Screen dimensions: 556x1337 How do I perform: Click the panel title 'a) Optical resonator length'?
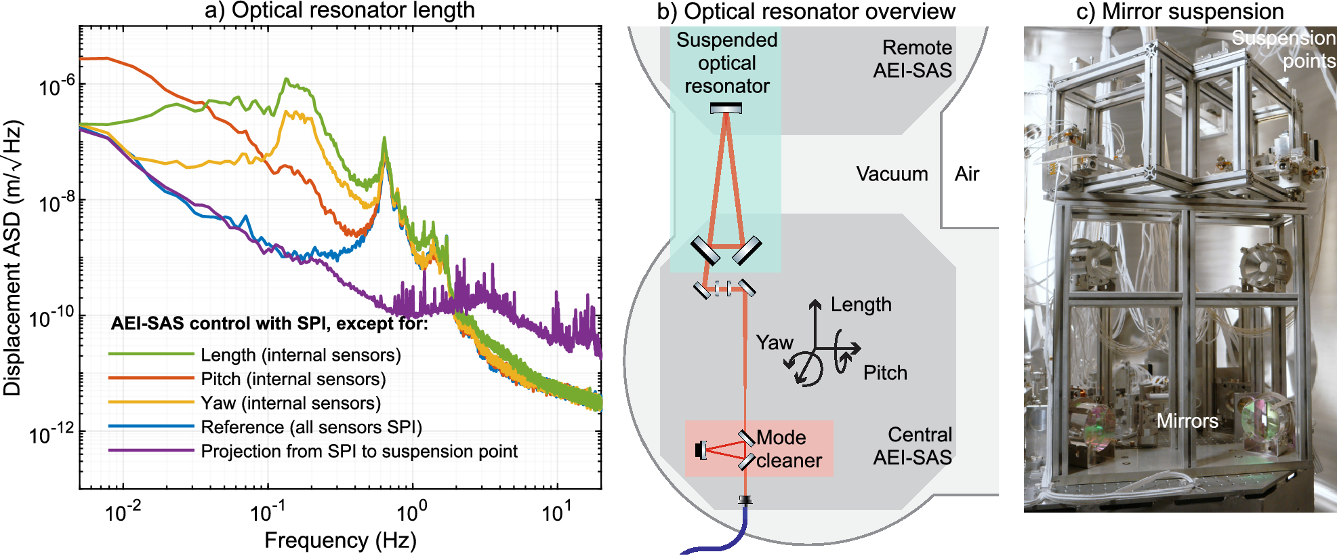tap(340, 10)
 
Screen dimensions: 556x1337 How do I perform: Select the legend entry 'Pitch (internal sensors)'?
tap(293, 379)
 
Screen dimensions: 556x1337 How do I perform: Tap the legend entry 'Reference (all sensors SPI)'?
tap(311, 427)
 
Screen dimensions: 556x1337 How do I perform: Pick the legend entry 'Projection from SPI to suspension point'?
tap(358, 452)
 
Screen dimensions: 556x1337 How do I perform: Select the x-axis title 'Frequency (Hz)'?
tap(340, 540)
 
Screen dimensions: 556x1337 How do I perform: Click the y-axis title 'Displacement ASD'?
tap(13, 258)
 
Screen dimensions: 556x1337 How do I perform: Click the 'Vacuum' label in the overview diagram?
tap(892, 174)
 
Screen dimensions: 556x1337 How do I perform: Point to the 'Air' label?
tap(967, 174)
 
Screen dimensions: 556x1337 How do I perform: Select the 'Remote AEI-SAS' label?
tap(912, 59)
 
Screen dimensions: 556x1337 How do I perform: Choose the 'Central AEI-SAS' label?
tap(912, 446)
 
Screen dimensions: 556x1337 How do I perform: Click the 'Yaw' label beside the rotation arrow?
tap(775, 342)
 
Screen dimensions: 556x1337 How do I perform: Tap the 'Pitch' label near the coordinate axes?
tap(885, 373)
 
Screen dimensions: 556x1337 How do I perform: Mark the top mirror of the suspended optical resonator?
tap(726, 108)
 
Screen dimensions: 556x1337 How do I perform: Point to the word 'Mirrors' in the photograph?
tap(1187, 421)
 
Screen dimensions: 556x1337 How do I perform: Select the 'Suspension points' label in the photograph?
tap(1283, 49)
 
